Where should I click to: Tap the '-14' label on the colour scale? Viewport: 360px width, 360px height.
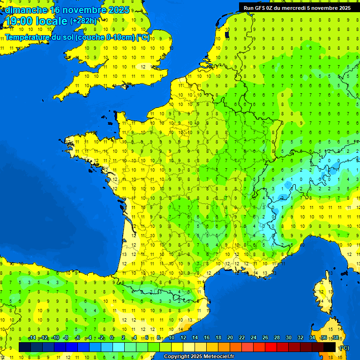(32, 338)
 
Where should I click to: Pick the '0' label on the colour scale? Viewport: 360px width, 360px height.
(112, 338)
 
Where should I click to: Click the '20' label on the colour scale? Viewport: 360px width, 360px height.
(230, 338)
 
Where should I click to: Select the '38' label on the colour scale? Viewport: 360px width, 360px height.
(335, 338)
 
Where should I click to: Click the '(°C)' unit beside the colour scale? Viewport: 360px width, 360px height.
(344, 348)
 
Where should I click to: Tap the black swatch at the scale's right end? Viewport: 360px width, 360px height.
(330, 347)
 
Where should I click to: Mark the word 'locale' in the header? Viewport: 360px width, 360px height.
(52, 22)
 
